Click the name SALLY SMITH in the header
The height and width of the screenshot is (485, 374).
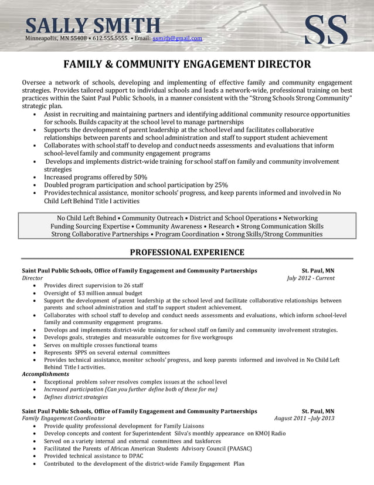tap(93, 25)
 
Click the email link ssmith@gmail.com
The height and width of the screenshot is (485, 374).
tap(177, 38)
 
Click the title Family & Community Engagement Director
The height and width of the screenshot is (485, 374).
tap(187, 64)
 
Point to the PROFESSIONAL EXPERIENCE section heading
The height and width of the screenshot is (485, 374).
tap(187, 252)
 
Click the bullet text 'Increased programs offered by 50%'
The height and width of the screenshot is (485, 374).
tap(96, 177)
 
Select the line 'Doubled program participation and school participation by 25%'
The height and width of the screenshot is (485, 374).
tap(136, 184)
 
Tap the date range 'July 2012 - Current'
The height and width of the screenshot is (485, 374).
tap(311, 278)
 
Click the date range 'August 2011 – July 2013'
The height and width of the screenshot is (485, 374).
tap(304, 418)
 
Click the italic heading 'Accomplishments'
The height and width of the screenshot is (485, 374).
tap(45, 374)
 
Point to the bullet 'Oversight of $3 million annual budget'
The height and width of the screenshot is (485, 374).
tap(93, 292)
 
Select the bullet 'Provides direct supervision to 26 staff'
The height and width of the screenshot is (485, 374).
tap(94, 285)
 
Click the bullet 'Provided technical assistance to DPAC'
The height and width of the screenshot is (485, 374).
tap(93, 456)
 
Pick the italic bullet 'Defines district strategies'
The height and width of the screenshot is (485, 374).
tap(76, 397)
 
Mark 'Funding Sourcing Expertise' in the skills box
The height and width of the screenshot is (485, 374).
tap(89, 226)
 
